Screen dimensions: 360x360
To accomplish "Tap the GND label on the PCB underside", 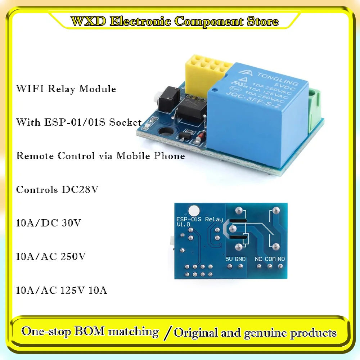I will [x=240, y=259].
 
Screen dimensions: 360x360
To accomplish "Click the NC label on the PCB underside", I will [x=258, y=259].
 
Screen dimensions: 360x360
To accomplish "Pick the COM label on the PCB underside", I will [x=270, y=259].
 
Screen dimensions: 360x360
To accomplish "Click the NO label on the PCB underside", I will [x=281, y=259].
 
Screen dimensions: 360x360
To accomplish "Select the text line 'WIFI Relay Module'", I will [x=66, y=89].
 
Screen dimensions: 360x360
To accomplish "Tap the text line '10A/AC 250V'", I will [x=51, y=257].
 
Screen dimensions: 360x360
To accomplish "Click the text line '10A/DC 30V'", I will [x=49, y=223].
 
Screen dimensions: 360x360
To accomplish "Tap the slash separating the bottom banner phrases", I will [x=166, y=333].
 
